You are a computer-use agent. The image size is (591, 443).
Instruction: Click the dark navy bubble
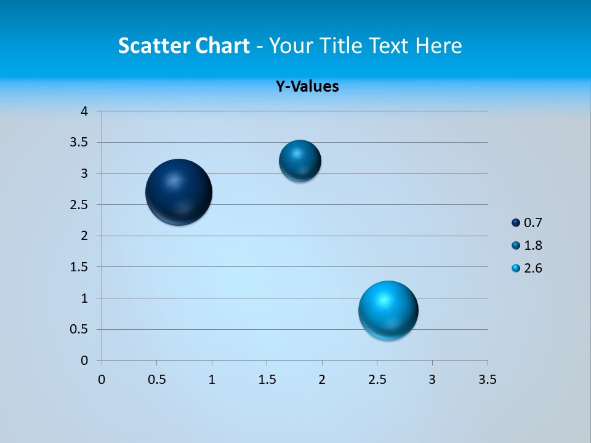pyautogui.click(x=179, y=192)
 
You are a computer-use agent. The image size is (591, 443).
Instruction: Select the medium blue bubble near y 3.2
pyautogui.click(x=300, y=161)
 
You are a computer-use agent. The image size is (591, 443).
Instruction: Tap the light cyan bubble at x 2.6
pyautogui.click(x=388, y=310)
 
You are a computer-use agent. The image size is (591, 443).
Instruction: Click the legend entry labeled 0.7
pyautogui.click(x=527, y=223)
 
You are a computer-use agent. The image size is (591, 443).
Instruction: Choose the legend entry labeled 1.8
pyautogui.click(x=527, y=245)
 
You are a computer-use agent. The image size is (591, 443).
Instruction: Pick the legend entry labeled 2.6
pyautogui.click(x=527, y=268)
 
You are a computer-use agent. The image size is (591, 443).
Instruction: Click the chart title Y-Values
pyautogui.click(x=307, y=86)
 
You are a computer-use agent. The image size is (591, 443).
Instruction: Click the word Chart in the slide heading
pyautogui.click(x=222, y=46)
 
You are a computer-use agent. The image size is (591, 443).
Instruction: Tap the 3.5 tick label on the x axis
pyautogui.click(x=487, y=380)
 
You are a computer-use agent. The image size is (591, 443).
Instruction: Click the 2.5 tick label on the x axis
pyautogui.click(x=377, y=380)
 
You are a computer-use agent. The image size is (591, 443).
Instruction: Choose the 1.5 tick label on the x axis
pyautogui.click(x=267, y=380)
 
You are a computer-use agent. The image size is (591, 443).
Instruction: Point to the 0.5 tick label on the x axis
pyautogui.click(x=156, y=380)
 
